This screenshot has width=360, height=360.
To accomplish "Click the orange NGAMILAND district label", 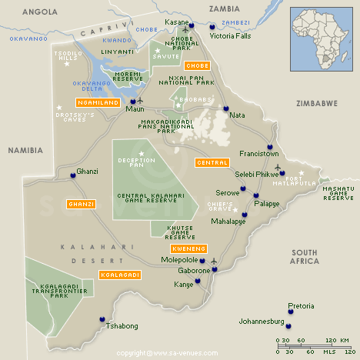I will pyautogui.click(x=96, y=102).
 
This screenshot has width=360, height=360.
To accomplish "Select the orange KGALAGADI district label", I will pyautogui.click(x=119, y=275).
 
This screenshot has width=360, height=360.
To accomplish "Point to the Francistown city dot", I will pyautogui.click(x=270, y=147).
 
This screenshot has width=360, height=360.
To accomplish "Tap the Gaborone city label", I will pyautogui.click(x=194, y=271).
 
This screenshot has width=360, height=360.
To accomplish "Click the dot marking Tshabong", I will pyautogui.click(x=102, y=319).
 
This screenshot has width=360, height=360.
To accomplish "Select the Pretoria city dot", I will pyautogui.click(x=291, y=305).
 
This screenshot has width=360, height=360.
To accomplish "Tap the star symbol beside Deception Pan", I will pyautogui.click(x=142, y=154).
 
